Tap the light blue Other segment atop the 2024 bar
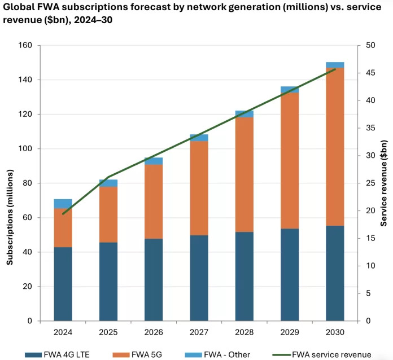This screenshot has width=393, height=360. [63, 204]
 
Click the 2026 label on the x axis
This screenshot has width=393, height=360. [154, 332]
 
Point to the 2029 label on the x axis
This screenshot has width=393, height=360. [290, 332]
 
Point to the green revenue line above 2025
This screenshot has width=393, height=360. [108, 177]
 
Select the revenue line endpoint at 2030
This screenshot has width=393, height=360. [335, 69]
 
